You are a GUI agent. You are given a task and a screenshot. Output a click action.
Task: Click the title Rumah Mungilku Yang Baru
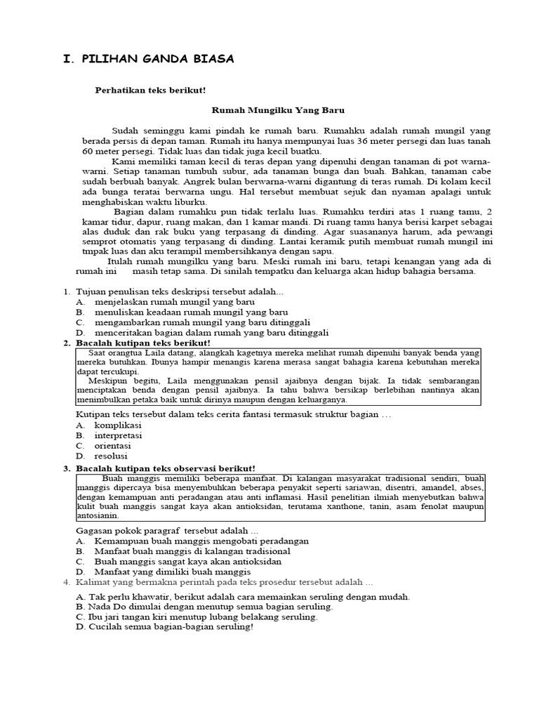click(x=278, y=110)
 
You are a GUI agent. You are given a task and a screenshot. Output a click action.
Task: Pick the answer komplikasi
click(x=118, y=425)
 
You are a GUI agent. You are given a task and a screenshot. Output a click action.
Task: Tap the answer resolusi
click(x=112, y=456)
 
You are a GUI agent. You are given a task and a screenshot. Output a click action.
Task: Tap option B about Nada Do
click(x=204, y=606)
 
